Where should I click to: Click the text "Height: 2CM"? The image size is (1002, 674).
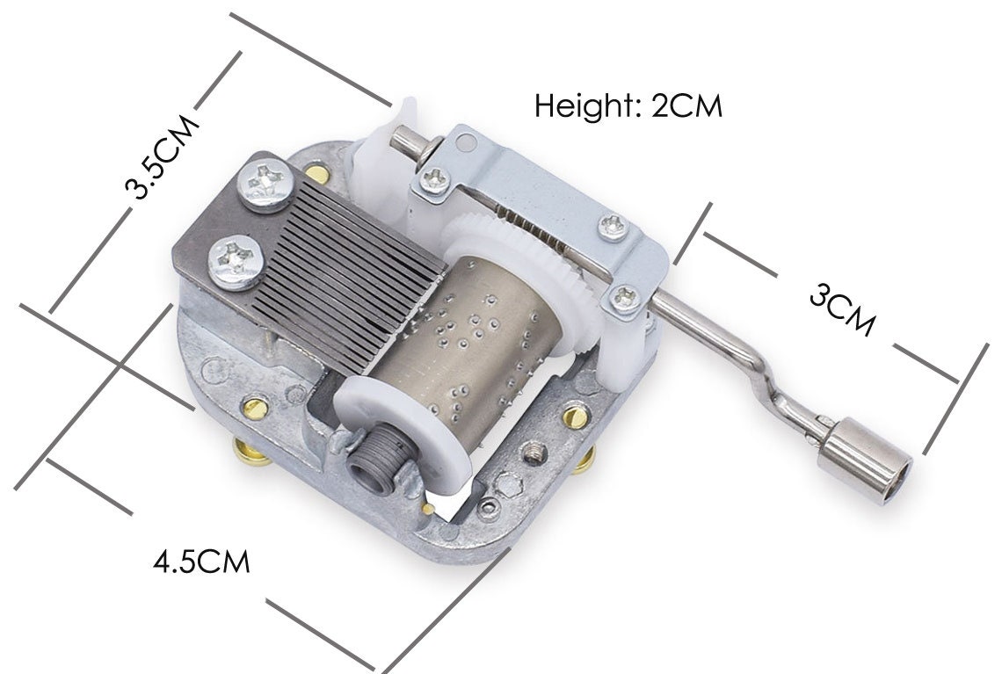pos(628,106)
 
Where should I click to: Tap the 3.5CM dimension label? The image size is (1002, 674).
pos(162,156)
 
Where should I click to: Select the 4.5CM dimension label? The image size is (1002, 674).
pos(201,562)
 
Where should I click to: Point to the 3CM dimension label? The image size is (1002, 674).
pos(842,309)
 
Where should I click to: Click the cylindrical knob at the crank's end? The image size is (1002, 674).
pos(865,458)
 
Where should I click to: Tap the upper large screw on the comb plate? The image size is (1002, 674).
pos(265,186)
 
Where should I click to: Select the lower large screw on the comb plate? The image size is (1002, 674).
pos(236,262)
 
